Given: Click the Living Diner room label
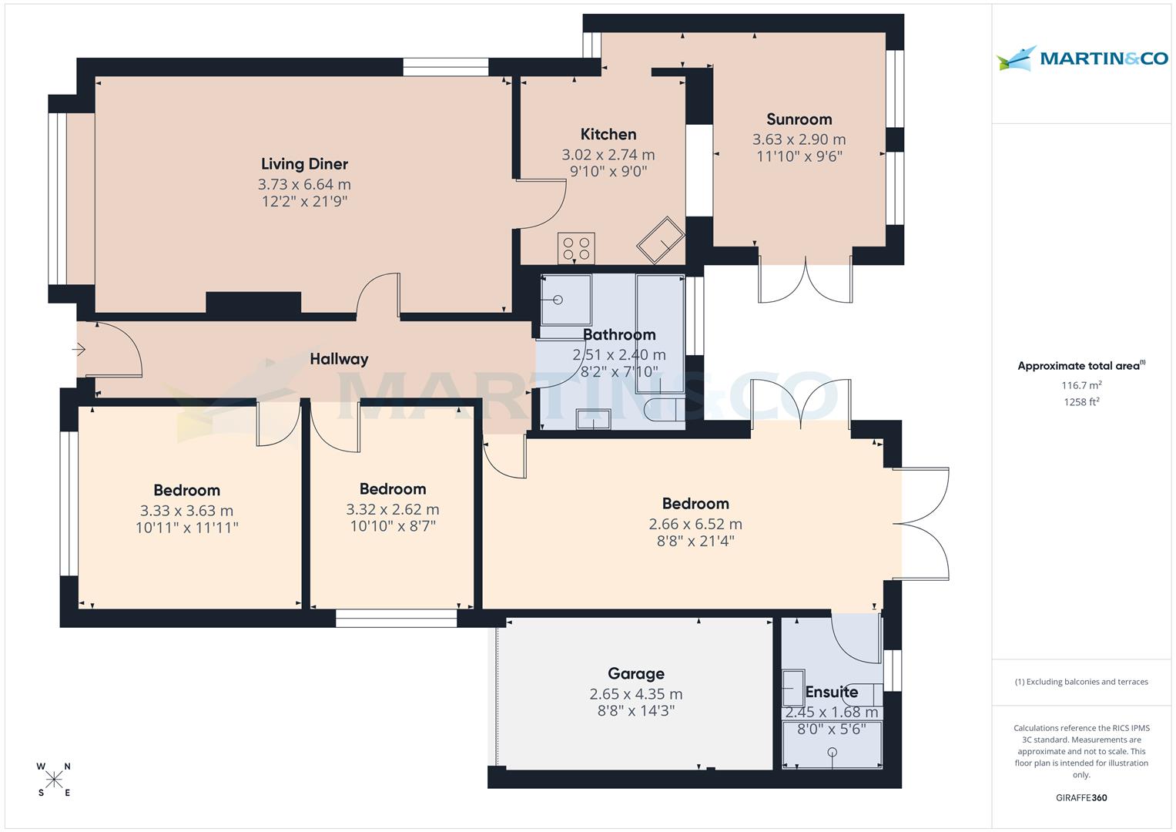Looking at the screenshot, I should tap(304, 163).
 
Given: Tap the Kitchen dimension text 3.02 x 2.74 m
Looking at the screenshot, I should tap(608, 155).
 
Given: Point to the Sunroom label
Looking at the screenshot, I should tap(799, 119).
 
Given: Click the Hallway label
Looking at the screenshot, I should tap(339, 359).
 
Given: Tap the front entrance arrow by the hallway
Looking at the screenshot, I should tap(79, 351).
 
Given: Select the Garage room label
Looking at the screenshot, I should tap(635, 674).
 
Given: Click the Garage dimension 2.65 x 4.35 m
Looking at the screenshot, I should tap(635, 694).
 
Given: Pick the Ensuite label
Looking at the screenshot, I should tap(831, 692).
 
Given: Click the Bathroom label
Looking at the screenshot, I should tap(619, 335).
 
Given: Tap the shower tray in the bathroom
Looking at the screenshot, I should tap(566, 300).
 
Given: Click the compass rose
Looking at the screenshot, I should tap(54, 780).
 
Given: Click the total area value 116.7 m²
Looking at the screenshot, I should tap(1081, 384).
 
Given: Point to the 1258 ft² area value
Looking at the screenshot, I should tap(1081, 401).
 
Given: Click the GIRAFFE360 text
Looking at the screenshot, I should tap(1081, 798).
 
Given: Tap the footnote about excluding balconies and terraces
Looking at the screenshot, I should tap(1081, 682).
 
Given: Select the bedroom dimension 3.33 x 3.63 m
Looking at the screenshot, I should tap(186, 511).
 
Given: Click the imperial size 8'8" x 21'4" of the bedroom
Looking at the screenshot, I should tap(695, 541).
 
